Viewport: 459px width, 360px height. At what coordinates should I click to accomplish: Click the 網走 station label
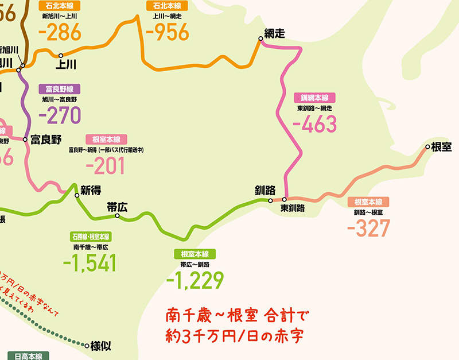click(275, 33)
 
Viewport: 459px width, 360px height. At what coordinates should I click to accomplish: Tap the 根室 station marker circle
click(427, 148)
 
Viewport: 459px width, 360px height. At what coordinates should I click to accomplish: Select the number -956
click(168, 32)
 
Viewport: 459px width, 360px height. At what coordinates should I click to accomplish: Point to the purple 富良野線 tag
click(60, 89)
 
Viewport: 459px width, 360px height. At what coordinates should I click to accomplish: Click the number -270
click(60, 115)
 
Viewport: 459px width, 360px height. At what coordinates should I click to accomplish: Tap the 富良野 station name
click(46, 139)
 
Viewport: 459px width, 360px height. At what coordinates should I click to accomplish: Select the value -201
click(105, 166)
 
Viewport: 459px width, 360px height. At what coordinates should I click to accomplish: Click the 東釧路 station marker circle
click(284, 200)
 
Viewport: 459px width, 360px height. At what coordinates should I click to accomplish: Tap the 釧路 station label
click(266, 190)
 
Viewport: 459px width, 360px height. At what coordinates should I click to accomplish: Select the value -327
click(368, 228)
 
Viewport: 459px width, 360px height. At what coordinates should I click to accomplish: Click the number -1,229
click(194, 280)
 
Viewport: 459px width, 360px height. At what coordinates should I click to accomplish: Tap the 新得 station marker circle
click(77, 196)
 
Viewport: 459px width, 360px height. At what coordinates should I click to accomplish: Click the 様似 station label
click(102, 346)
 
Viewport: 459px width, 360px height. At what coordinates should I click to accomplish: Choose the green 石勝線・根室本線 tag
click(90, 237)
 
